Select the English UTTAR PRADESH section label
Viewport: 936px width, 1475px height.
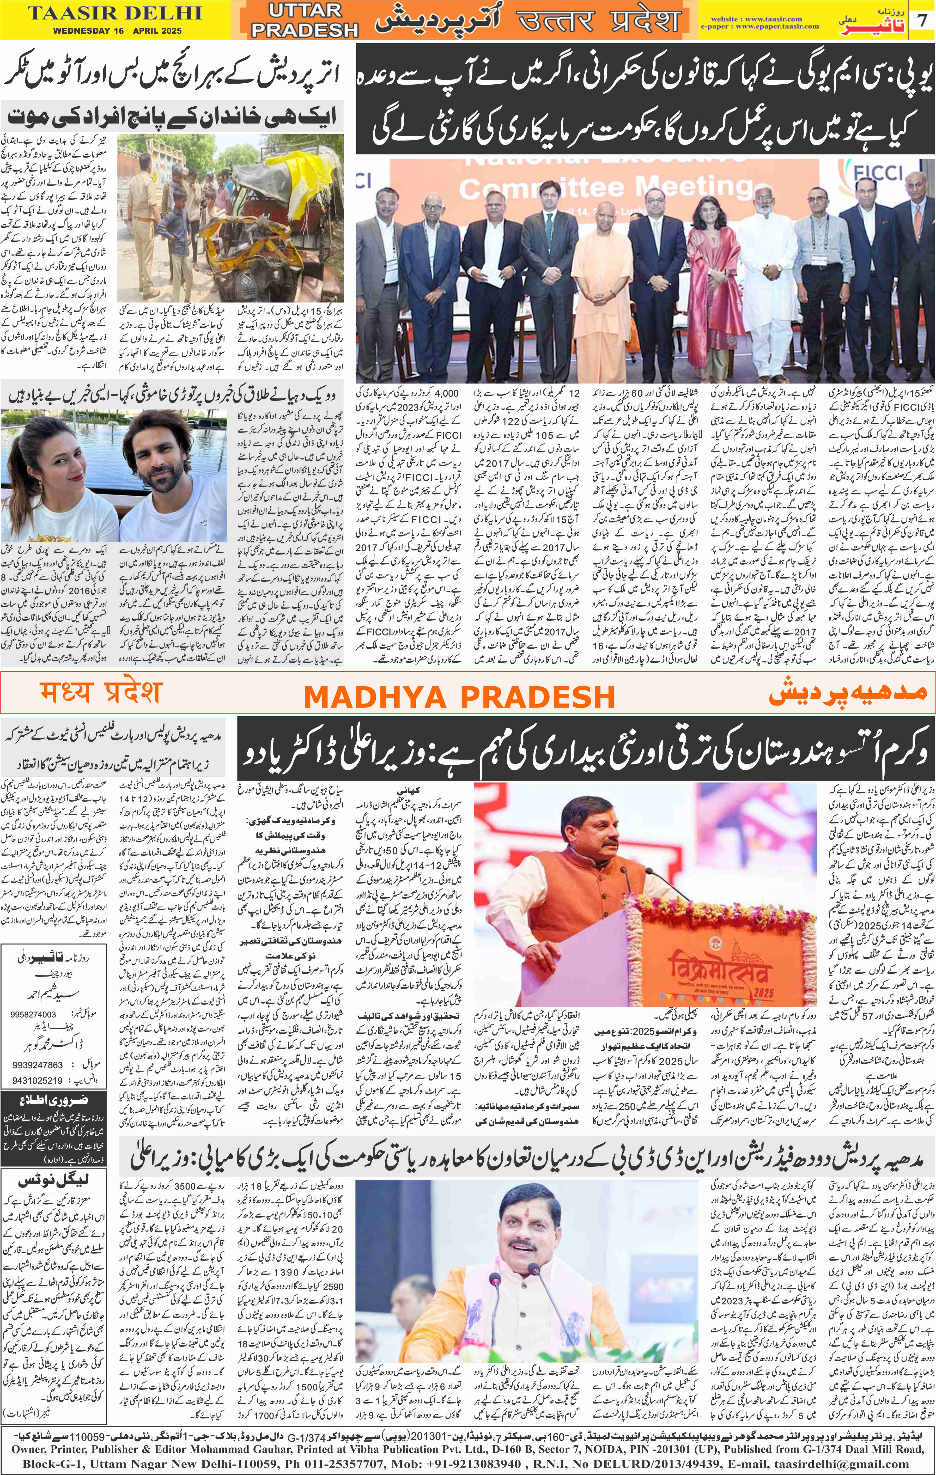[x=304, y=20]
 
